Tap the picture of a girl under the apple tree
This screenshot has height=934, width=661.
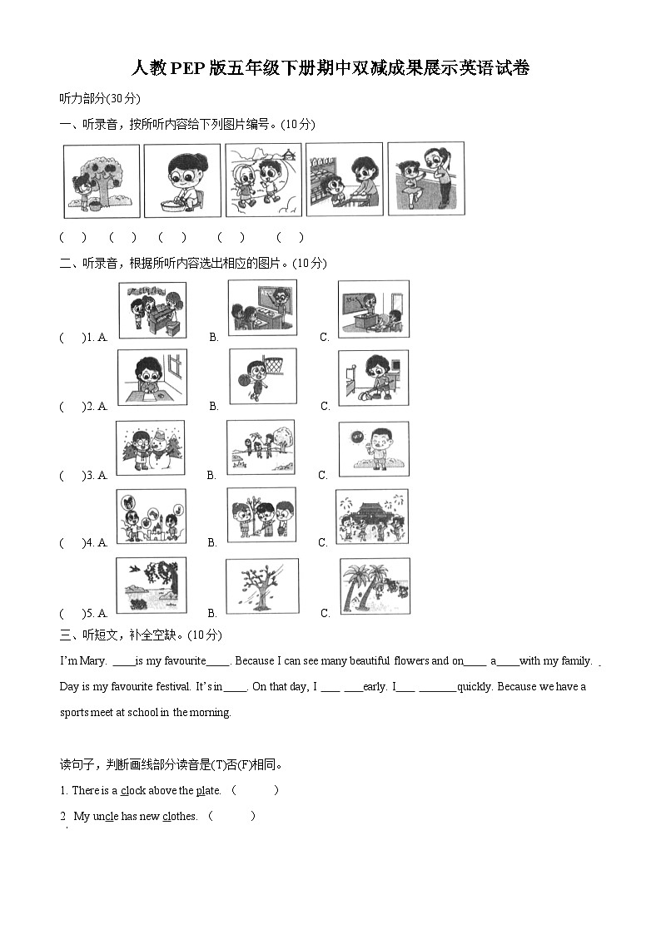click(101, 180)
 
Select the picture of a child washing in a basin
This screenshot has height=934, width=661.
click(181, 180)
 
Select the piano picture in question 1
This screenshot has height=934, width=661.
click(152, 309)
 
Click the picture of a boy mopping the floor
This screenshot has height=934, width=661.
click(373, 378)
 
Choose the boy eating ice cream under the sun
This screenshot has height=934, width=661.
click(374, 448)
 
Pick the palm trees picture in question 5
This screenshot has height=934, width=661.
click(374, 586)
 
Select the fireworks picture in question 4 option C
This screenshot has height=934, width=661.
click(371, 516)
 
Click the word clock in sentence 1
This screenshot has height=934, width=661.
click(133, 791)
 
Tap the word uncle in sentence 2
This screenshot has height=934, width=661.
click(105, 817)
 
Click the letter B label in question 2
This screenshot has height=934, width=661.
click(214, 406)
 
